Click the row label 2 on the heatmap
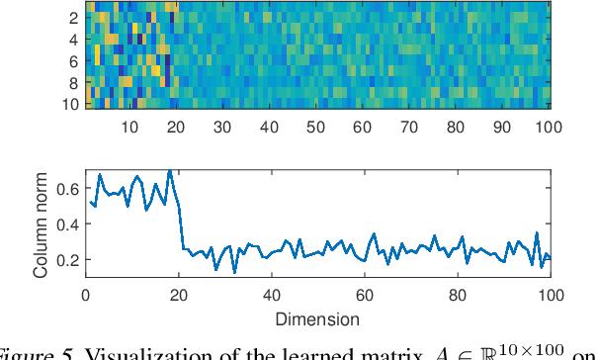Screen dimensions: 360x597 [x=73, y=18]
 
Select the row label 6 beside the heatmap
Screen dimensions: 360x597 [x=73, y=61]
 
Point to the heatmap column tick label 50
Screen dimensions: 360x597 [x=315, y=128]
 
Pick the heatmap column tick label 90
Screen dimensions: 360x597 [x=503, y=128]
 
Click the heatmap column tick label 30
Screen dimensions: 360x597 [x=222, y=128]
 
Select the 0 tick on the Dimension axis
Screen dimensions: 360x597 [x=86, y=295]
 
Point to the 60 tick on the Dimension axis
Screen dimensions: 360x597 [x=365, y=295]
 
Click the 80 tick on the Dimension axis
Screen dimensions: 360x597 [x=458, y=295]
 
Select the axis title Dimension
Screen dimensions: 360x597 [x=317, y=318]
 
